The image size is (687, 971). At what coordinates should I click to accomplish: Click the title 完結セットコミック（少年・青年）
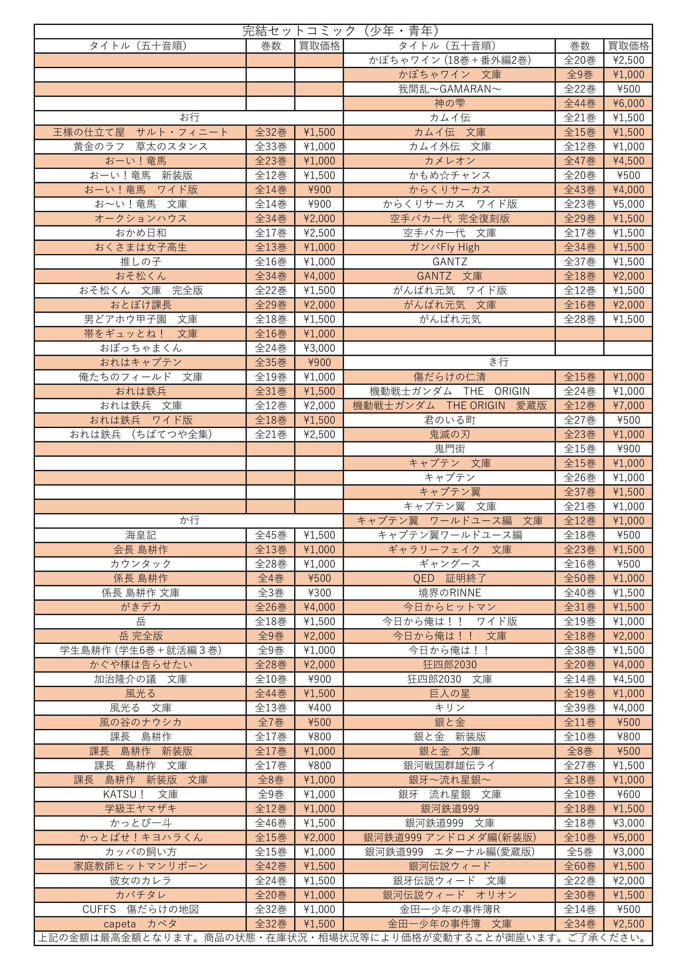(343, 31)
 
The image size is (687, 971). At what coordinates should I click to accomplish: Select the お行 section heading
(189, 117)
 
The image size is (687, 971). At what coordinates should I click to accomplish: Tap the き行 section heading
(498, 362)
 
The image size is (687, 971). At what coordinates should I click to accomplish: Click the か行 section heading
(189, 520)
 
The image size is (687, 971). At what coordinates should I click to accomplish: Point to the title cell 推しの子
(140, 262)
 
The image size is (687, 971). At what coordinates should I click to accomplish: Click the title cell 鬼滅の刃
(449, 434)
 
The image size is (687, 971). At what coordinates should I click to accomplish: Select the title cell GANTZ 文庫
(449, 276)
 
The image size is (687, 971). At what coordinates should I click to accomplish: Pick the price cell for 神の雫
(628, 103)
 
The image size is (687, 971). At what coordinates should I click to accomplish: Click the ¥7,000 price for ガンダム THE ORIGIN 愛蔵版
(628, 406)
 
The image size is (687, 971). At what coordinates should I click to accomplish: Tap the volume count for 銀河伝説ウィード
(579, 866)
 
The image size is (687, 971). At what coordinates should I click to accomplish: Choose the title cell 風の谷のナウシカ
(140, 722)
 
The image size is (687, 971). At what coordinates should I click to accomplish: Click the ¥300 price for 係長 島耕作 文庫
(319, 592)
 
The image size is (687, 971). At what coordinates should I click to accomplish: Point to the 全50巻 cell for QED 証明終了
(579, 578)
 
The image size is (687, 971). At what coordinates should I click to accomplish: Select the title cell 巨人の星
(449, 694)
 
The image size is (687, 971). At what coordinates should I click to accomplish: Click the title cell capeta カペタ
(140, 924)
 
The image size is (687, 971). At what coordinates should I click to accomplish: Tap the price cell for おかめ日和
(319, 233)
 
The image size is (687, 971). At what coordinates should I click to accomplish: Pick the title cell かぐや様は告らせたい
(140, 664)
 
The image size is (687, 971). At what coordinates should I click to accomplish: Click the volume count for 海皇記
(271, 535)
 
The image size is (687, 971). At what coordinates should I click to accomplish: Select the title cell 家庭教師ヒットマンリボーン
(140, 866)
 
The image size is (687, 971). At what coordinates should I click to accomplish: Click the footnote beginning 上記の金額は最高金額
(343, 938)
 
